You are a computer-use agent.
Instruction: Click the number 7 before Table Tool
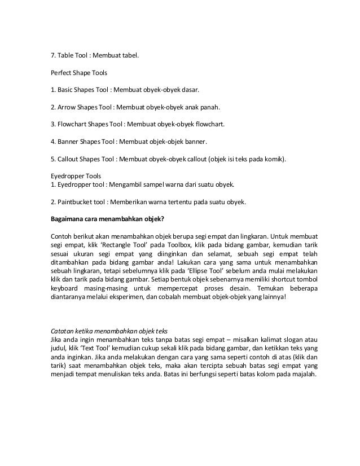tap(52, 56)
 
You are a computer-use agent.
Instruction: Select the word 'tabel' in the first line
tap(129, 56)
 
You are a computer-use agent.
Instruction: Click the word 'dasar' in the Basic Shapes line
tap(188, 89)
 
